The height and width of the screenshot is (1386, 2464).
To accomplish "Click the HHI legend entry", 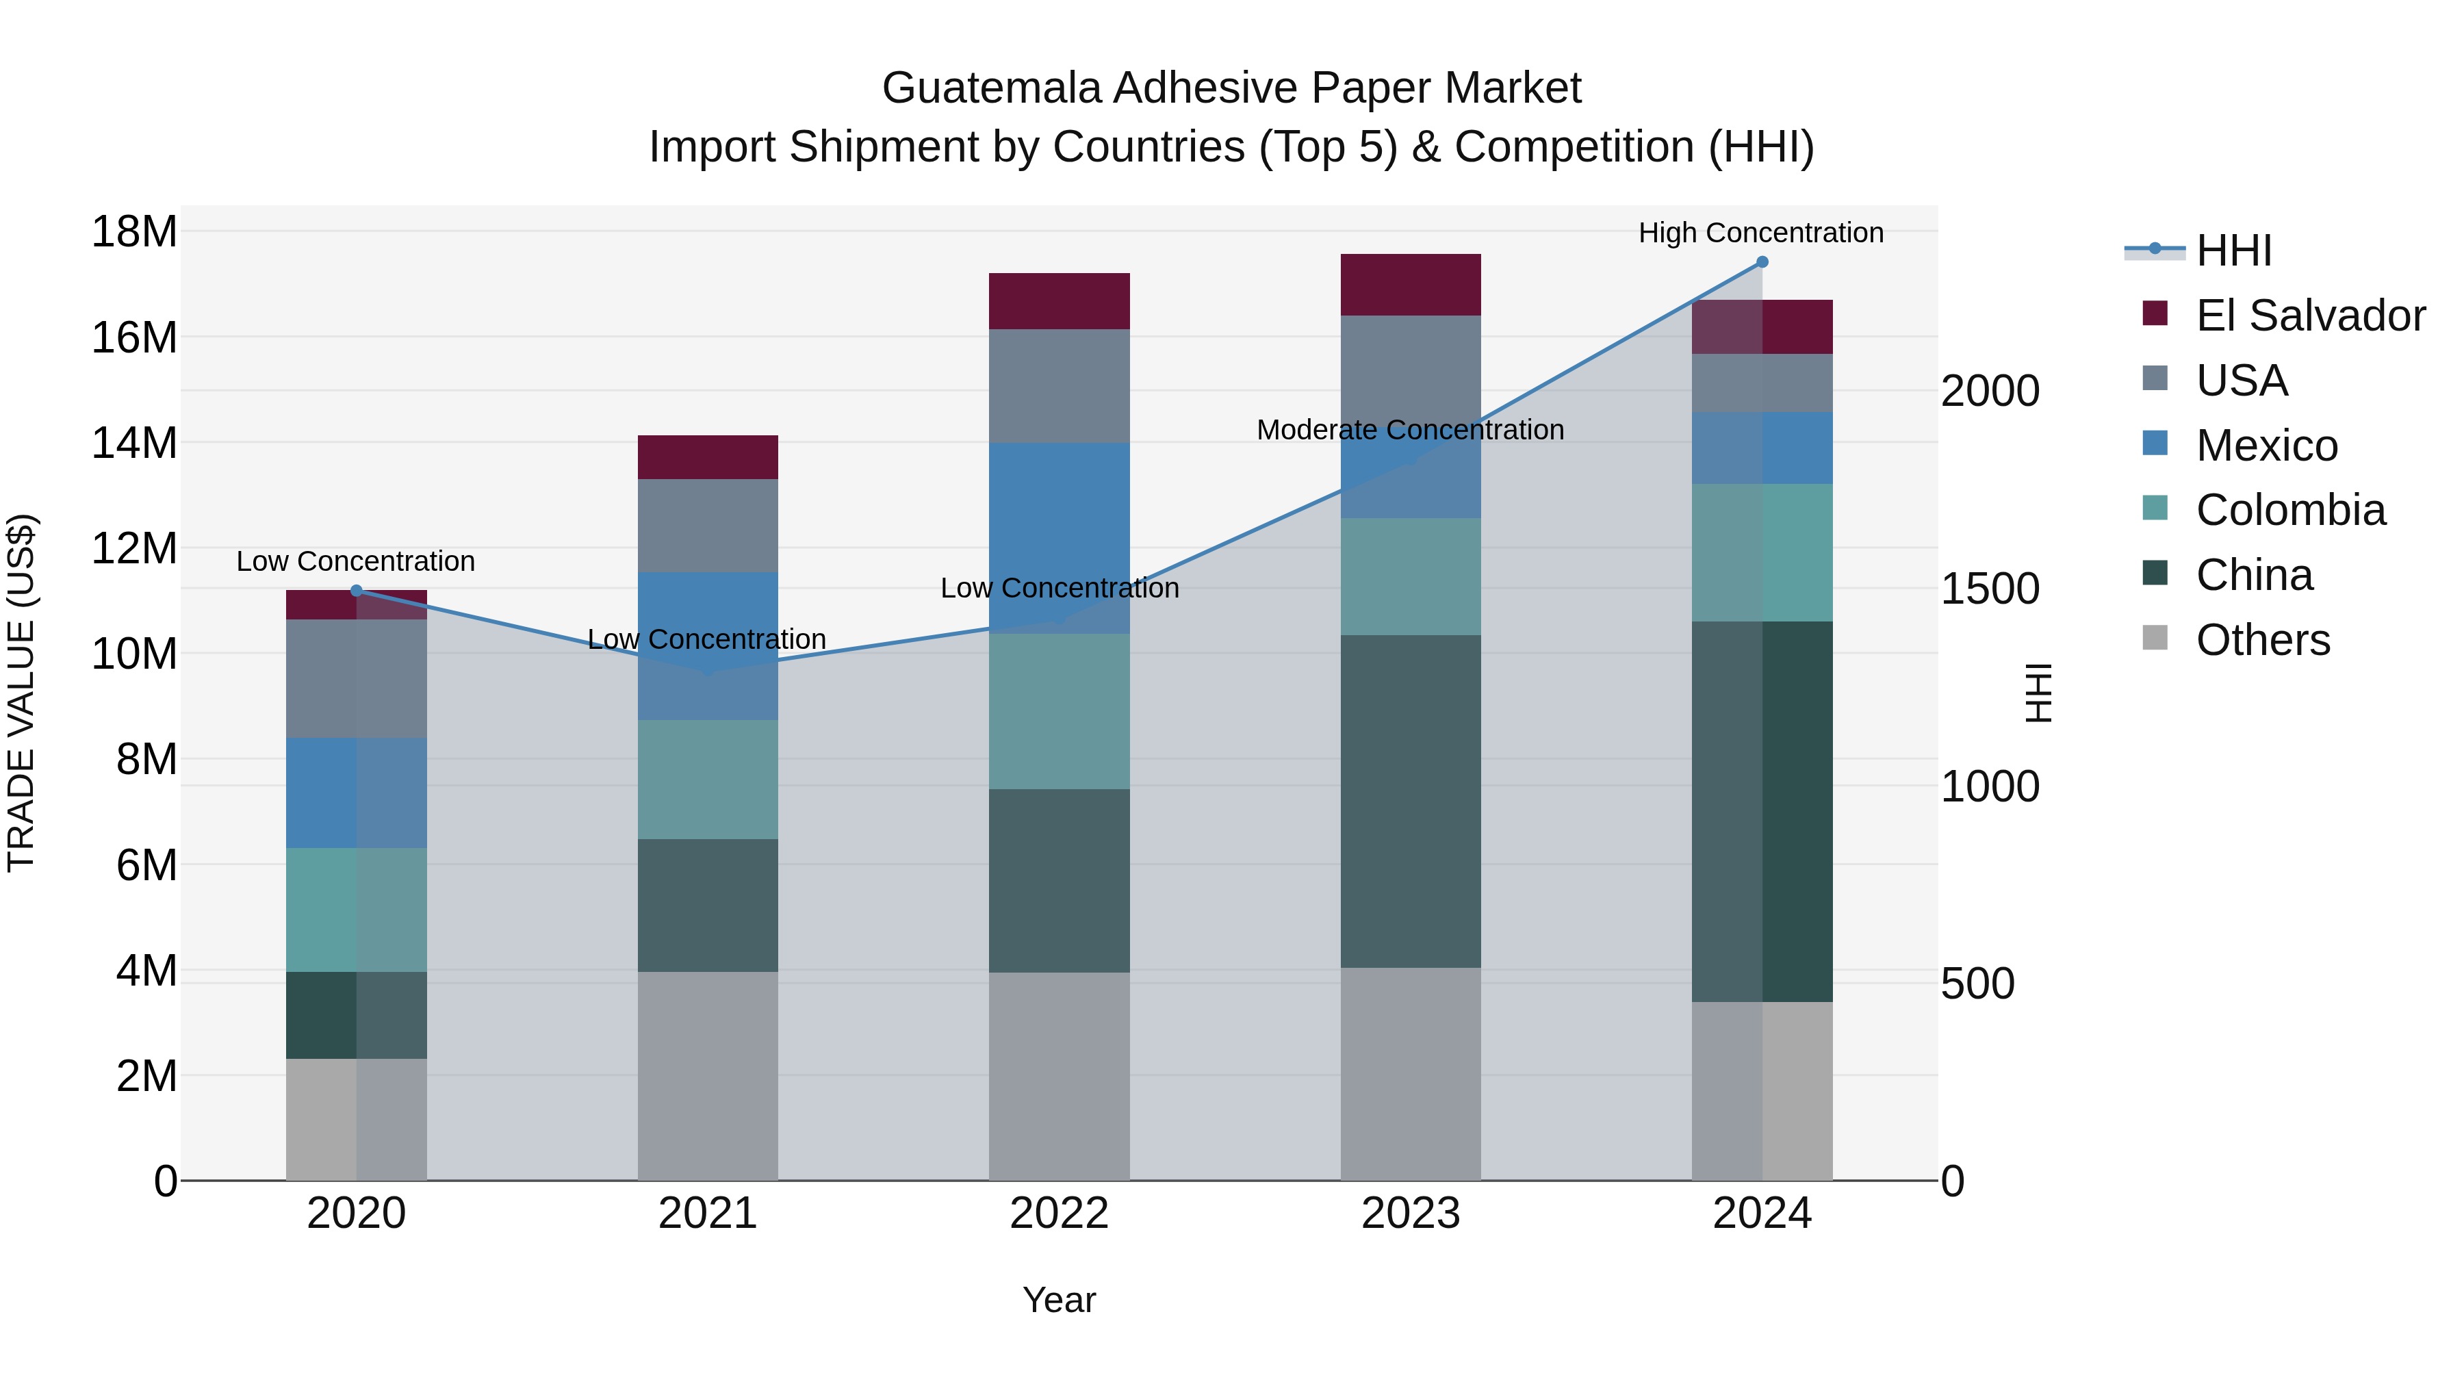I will [2233, 251].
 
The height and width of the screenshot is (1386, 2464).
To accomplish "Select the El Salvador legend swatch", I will [2155, 313].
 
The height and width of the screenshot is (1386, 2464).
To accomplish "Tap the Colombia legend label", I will [2291, 510].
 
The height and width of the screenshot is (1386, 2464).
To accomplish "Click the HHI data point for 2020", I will [357, 591].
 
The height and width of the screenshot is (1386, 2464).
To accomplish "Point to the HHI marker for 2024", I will [1762, 262].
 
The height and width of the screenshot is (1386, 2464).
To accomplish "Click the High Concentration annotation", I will [1761, 233].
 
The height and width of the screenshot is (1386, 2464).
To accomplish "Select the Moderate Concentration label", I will [1410, 431].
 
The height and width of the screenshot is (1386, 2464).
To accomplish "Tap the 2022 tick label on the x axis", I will [1059, 1214].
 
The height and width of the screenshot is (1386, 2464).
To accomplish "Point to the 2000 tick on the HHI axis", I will [1990, 392].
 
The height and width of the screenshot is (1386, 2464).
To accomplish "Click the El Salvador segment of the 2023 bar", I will [1411, 284].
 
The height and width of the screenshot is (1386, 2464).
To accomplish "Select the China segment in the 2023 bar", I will [1411, 801].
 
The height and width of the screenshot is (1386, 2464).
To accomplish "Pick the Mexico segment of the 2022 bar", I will [1059, 537].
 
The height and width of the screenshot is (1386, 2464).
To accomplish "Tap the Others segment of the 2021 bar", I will [708, 1076].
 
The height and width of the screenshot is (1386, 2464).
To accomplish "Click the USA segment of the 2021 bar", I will [708, 525].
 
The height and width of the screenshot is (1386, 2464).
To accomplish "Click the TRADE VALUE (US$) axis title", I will [21, 693].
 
